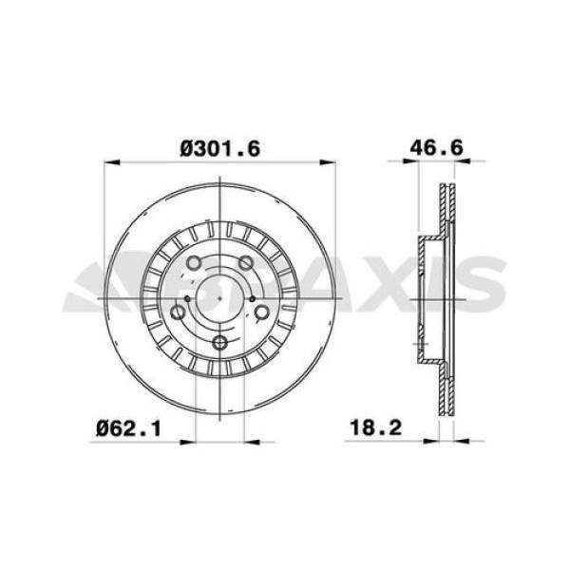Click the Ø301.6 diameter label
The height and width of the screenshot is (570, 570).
click(x=219, y=147)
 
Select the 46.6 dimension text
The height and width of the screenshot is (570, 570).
click(x=437, y=147)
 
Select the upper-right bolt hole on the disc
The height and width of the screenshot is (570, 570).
click(x=246, y=263)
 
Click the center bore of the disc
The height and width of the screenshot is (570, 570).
click(x=219, y=299)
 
